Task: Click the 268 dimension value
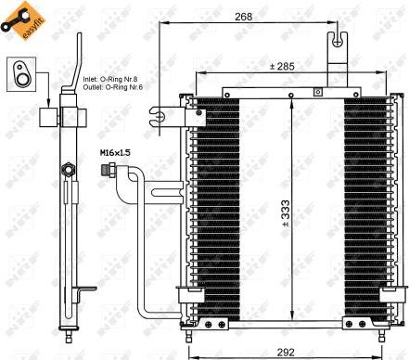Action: click(243, 15)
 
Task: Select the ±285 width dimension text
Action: click(283, 66)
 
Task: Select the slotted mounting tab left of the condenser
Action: click(160, 118)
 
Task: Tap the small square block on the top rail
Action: click(317, 91)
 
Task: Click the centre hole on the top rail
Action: click(290, 92)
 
